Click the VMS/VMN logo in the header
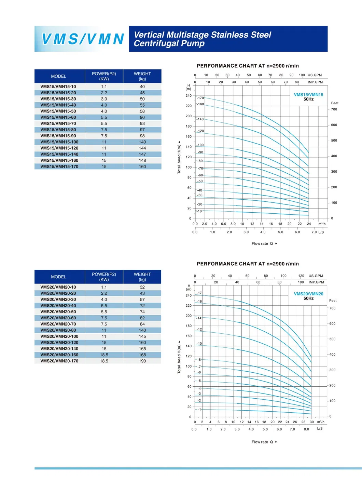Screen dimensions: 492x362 [82, 39]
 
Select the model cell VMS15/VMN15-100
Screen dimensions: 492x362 [59, 142]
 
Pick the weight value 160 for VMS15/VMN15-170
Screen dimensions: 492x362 [142, 167]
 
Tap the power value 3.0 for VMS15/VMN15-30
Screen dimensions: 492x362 [104, 99]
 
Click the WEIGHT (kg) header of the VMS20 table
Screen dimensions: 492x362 [142, 277]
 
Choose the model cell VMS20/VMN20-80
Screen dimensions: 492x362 [58, 330]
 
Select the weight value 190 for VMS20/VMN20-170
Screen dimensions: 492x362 [142, 361]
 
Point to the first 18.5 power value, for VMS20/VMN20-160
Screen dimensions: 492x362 [104, 355]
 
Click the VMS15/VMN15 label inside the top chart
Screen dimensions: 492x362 [308, 95]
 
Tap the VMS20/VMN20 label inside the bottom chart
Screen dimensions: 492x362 [308, 294]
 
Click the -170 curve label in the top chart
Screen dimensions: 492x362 [200, 98]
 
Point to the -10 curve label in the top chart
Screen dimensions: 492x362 [199, 211]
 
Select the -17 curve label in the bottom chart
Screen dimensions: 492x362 [199, 293]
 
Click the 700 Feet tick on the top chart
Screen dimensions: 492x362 [334, 109]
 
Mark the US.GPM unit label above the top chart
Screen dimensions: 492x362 [315, 75]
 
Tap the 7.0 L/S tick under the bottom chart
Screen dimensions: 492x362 [292, 429]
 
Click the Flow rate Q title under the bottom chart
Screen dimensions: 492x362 [262, 442]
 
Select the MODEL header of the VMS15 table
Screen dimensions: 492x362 [59, 76]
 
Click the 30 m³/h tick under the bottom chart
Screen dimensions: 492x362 [311, 422]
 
